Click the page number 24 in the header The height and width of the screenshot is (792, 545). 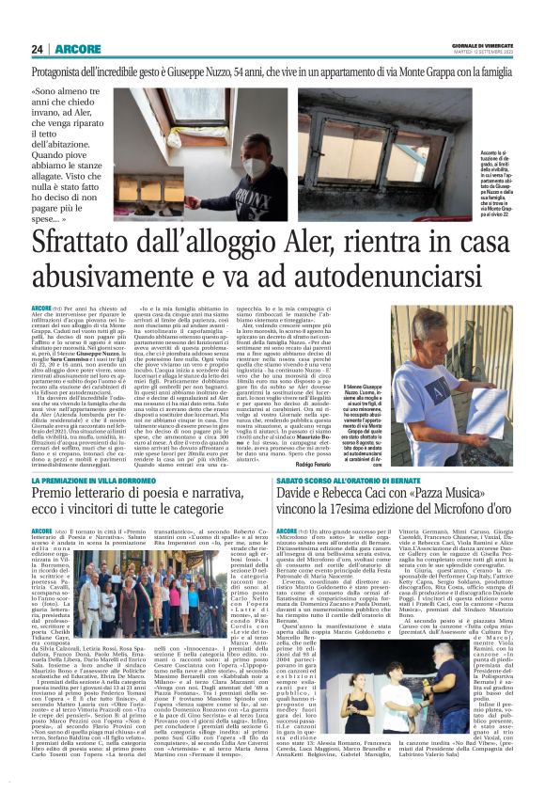pos(38,48)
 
